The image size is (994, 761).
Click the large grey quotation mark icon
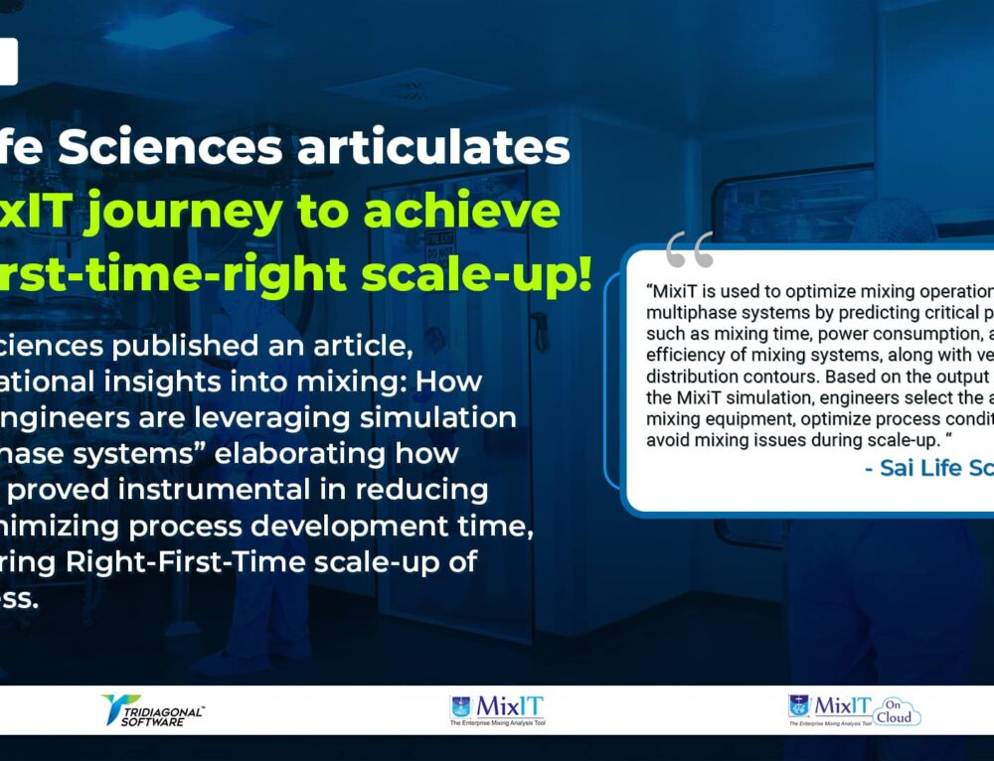coord(689,250)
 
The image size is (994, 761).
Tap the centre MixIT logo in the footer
coord(497,710)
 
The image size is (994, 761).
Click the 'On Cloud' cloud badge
coord(898,710)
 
